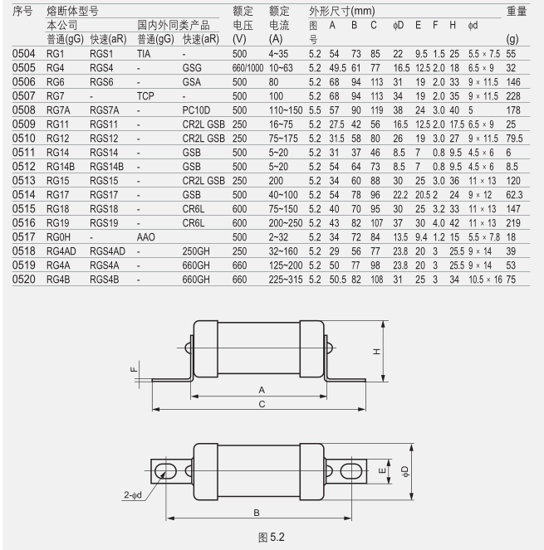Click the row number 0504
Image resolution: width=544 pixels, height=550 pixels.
[x=23, y=54]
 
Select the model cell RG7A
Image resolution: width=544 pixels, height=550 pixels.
[x=58, y=110]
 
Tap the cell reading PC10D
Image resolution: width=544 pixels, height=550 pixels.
[x=196, y=110]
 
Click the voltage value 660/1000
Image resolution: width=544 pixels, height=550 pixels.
[x=247, y=68]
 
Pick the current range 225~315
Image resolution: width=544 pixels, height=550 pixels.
[x=286, y=280]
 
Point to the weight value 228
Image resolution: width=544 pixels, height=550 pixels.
[x=513, y=96]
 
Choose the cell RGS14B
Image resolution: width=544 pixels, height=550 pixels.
[x=107, y=167]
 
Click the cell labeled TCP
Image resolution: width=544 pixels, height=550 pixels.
[x=145, y=96]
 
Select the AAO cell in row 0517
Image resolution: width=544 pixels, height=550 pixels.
[x=145, y=237]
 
